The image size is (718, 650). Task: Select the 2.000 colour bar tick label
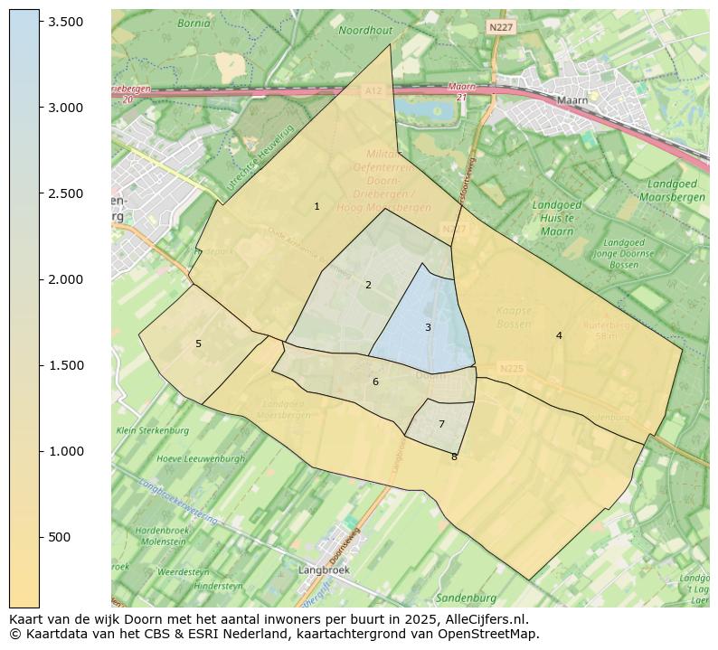(65, 279)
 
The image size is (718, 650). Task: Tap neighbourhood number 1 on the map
(316, 207)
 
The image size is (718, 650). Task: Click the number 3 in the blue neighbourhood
(428, 327)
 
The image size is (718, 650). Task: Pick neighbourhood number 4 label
(559, 335)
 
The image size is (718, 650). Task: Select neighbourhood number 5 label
(198, 344)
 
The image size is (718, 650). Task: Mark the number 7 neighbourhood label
(441, 424)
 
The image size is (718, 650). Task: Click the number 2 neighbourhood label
(368, 286)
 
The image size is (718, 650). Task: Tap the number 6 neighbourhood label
(375, 382)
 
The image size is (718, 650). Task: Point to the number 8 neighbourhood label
(454, 457)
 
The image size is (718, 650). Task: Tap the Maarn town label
(572, 100)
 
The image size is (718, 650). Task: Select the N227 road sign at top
(500, 28)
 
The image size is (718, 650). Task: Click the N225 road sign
(511, 368)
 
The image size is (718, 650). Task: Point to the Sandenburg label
(466, 598)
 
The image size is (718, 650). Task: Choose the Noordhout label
(365, 30)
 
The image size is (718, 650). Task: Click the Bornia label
(194, 24)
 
